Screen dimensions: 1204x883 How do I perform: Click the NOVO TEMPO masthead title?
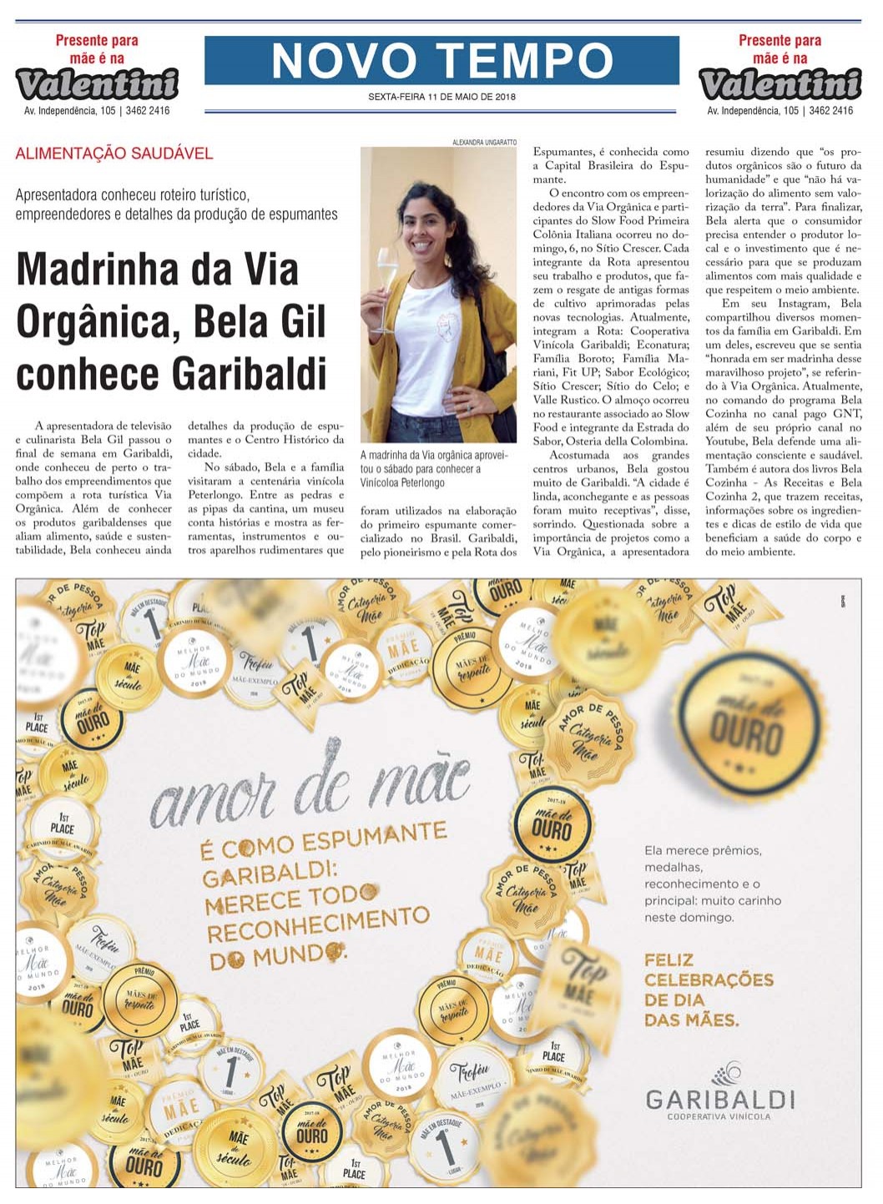click(441, 60)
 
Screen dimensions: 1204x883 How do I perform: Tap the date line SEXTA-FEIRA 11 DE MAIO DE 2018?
click(441, 97)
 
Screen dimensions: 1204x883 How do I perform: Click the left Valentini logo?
click(97, 83)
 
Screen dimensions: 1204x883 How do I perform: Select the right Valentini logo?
click(780, 83)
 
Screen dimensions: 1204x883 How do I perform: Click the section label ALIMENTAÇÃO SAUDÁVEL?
click(114, 154)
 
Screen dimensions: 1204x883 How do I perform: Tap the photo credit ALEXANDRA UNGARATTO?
click(484, 143)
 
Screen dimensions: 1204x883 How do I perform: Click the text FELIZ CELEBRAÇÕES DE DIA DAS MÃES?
click(708, 990)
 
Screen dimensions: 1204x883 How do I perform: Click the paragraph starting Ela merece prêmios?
click(712, 884)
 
